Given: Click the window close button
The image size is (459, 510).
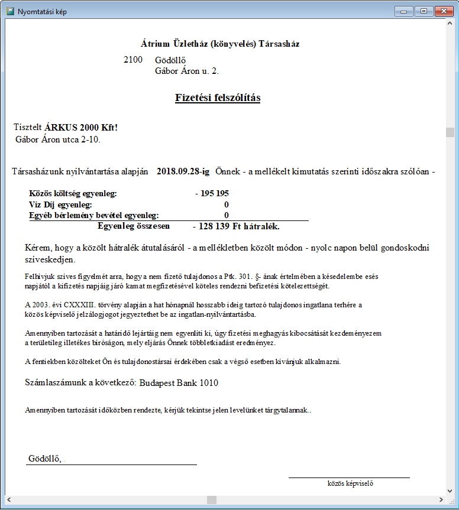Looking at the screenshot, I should click(443, 11).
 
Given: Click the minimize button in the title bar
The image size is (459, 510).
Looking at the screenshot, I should click(405, 11).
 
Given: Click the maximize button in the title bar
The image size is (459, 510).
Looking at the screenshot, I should click(423, 11).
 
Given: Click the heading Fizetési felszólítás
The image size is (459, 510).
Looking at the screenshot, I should click(218, 98).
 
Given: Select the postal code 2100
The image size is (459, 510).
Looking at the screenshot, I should click(133, 60).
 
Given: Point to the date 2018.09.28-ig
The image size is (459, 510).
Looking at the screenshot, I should click(183, 171).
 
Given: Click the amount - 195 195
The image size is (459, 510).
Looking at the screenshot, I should click(212, 194).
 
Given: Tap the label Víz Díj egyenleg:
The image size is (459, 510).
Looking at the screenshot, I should click(60, 204).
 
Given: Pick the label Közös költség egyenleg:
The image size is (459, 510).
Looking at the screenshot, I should click(73, 194).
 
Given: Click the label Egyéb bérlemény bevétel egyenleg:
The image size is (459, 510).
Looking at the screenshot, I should click(93, 216).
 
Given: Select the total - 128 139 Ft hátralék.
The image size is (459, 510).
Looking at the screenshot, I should click(236, 226).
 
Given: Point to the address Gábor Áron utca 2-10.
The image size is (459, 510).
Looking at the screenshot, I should click(59, 140).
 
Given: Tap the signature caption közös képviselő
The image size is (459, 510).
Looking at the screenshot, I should click(350, 483).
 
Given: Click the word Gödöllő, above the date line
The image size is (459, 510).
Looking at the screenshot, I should click(45, 459).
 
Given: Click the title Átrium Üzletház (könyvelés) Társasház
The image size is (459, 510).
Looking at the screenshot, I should click(224, 44).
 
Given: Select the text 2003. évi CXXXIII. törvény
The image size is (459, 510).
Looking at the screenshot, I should click(75, 305).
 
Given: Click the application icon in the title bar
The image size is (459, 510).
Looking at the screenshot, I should click(10, 11).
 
